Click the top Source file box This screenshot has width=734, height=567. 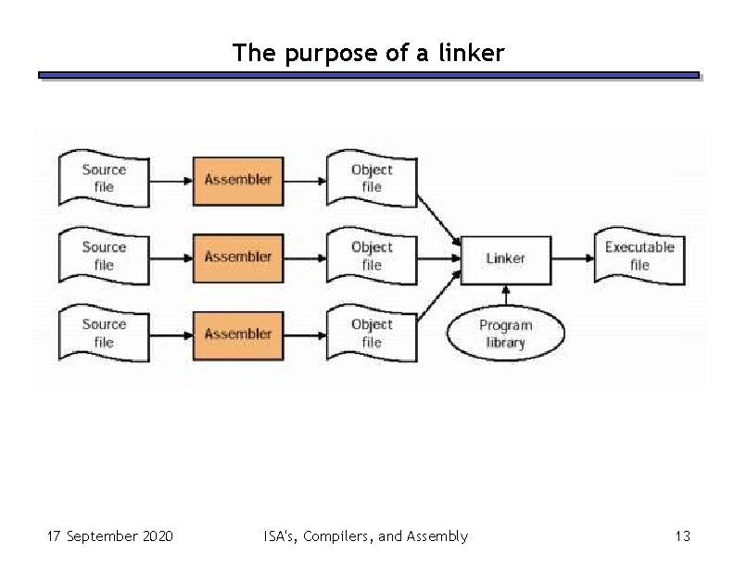(103, 179)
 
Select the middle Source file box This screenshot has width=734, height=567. (103, 257)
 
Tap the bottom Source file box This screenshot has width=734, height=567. (103, 334)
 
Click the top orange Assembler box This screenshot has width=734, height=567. (238, 180)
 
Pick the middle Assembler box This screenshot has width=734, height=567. (238, 257)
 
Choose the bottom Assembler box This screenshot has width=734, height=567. (238, 334)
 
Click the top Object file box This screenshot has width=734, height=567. (372, 179)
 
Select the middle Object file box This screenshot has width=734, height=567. (372, 257)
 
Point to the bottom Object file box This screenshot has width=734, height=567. (372, 334)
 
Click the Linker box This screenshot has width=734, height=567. (505, 258)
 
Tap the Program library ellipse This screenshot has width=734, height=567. (505, 334)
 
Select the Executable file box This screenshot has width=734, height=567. (639, 257)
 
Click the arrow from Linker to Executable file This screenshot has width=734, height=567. (572, 258)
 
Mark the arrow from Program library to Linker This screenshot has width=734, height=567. (505, 296)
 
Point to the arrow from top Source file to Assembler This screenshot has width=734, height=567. (171, 180)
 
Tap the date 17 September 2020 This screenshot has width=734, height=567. (109, 536)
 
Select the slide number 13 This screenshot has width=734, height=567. (683, 536)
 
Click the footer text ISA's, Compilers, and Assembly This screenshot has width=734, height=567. (365, 536)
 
